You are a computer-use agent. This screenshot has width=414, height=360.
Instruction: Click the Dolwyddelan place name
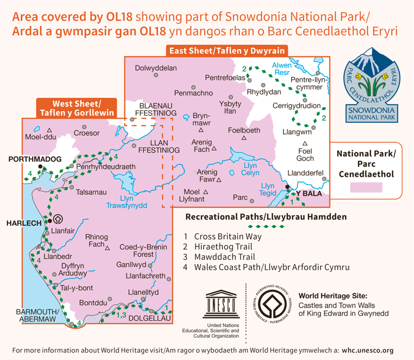(x=156, y=68)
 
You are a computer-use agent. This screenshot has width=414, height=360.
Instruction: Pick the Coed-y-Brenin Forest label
(x=137, y=251)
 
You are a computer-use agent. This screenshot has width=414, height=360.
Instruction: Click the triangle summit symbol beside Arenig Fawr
(x=219, y=180)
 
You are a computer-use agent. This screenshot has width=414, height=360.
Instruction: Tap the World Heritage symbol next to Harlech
(x=58, y=219)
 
